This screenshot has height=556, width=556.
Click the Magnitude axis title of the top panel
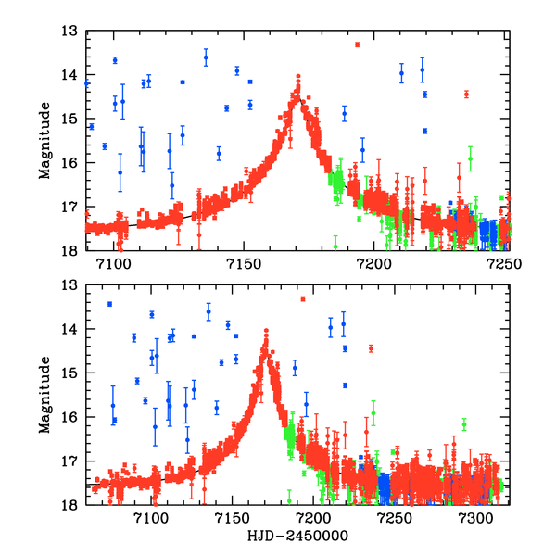pos(44,140)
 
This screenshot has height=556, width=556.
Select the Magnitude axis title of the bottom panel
pos(44,395)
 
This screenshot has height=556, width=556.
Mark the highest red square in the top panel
pos(357,44)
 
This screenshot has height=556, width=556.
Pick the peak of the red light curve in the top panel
pos(298,77)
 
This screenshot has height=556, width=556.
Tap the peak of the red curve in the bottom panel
pos(266,331)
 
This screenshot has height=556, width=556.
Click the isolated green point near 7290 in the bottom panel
pos(464,424)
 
